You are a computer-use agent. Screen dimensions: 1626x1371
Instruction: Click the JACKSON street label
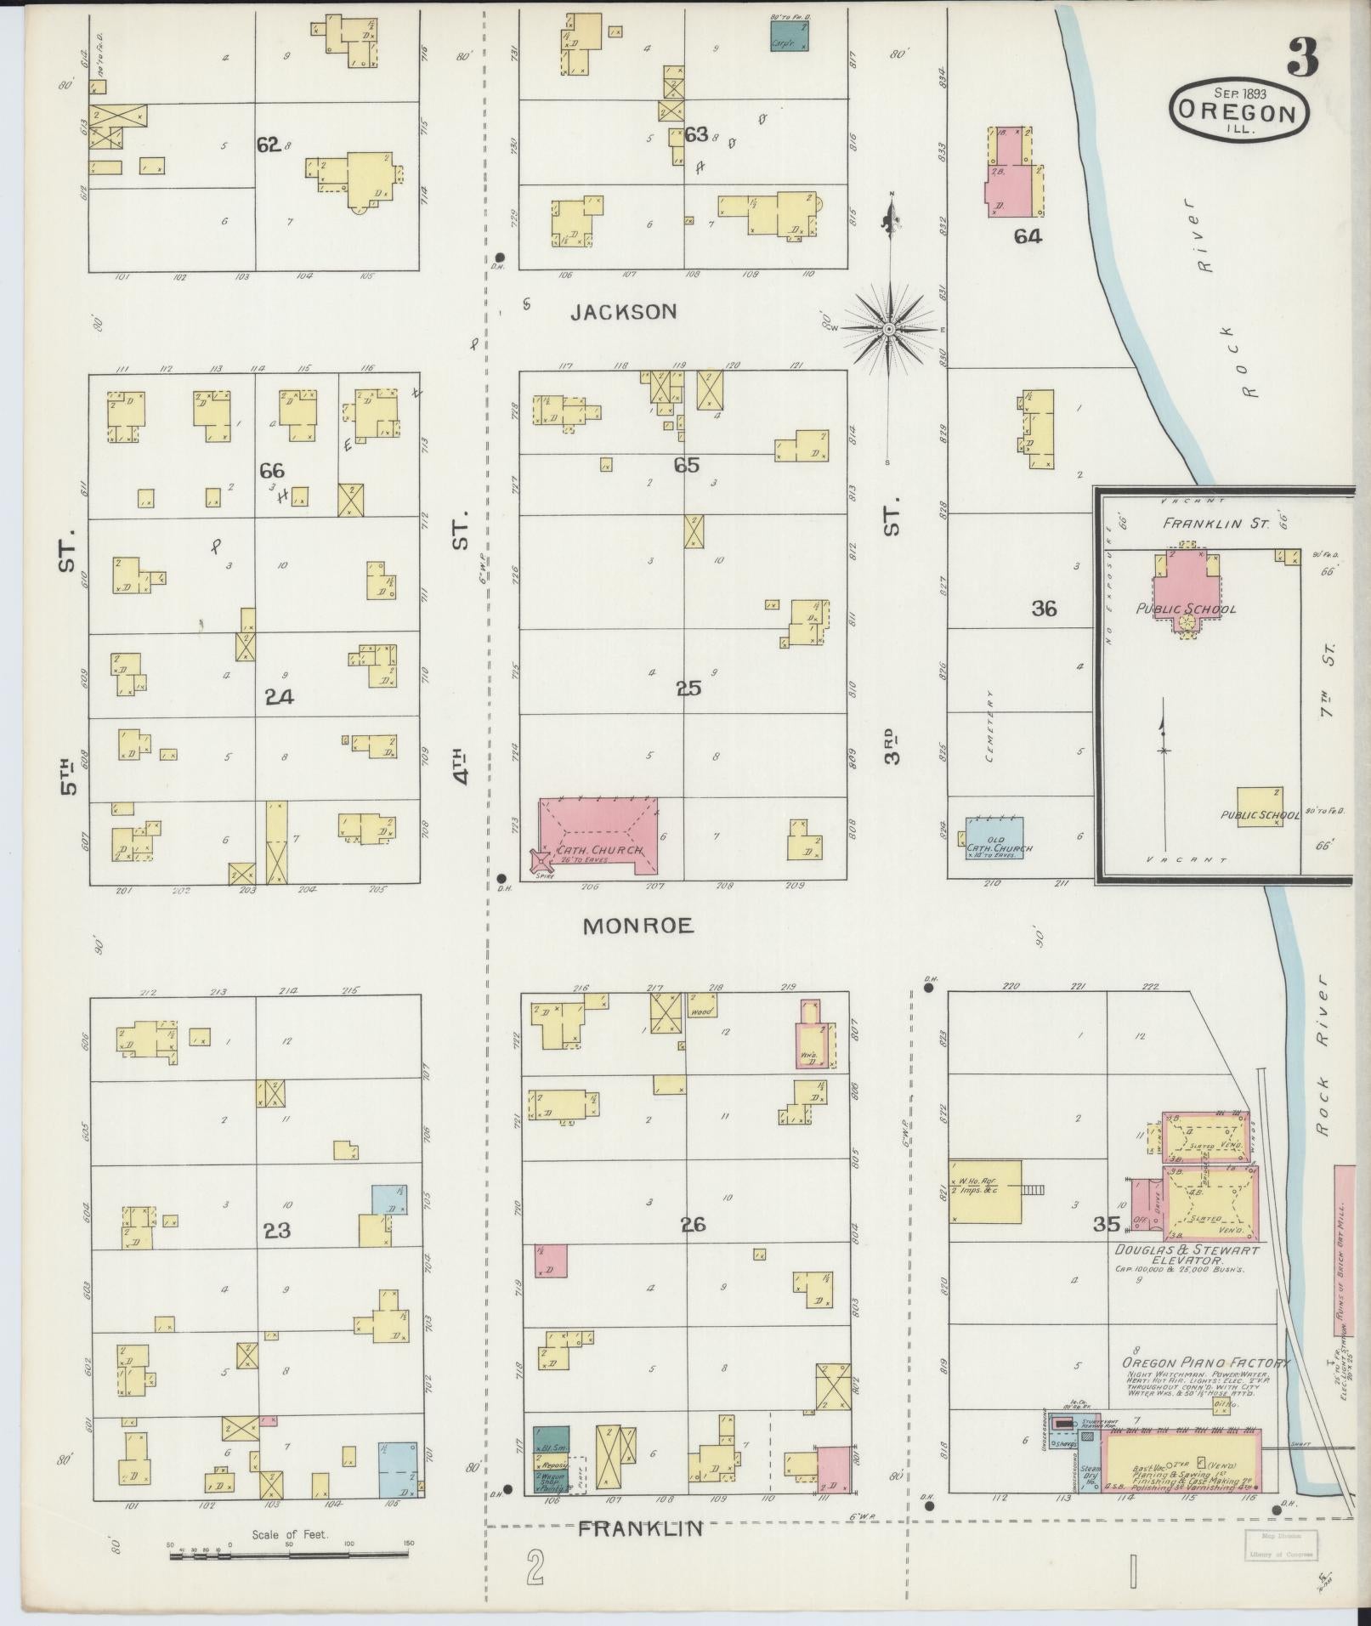tap(624, 312)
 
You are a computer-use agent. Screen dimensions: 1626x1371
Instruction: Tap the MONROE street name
tap(637, 926)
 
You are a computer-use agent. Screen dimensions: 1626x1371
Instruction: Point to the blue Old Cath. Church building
tap(994, 836)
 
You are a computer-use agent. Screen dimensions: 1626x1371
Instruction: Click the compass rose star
tap(889, 329)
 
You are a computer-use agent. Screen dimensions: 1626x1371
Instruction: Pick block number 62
tap(269, 144)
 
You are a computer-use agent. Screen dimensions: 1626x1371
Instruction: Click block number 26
tap(693, 1225)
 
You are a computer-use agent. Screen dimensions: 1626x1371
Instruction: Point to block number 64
tap(1027, 236)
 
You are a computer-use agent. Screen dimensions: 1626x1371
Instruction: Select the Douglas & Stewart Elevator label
tap(1186, 1256)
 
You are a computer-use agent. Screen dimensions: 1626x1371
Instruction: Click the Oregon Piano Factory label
tap(1205, 1363)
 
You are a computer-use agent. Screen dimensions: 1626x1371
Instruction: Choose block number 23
tap(277, 1229)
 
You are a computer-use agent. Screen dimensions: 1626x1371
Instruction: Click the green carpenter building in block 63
tap(789, 36)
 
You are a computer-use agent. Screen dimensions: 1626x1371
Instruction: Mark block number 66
tap(272, 471)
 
